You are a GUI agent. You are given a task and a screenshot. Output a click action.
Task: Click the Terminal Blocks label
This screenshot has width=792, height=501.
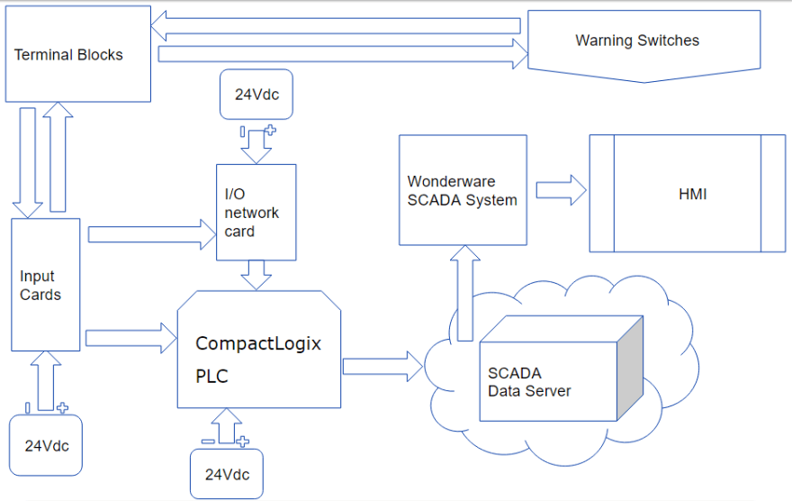pyautogui.click(x=68, y=55)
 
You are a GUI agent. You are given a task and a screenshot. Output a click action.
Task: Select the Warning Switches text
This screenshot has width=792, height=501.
pyautogui.click(x=637, y=41)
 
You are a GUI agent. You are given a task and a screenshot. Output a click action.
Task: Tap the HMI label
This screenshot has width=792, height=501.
pyautogui.click(x=692, y=194)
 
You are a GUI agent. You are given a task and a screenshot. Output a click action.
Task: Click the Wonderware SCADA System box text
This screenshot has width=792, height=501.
pyautogui.click(x=462, y=191)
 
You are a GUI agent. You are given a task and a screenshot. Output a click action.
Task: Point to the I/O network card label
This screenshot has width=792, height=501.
pyautogui.click(x=252, y=214)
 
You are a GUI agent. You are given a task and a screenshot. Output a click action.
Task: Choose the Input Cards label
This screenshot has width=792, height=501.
pyautogui.click(x=40, y=286)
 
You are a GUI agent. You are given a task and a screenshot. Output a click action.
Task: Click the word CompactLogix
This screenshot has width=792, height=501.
pyautogui.click(x=258, y=343)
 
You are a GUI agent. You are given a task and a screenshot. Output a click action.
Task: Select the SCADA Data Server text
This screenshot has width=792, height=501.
pyautogui.click(x=529, y=382)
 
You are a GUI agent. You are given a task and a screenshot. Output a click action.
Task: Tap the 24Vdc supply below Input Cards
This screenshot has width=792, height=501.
pyautogui.click(x=47, y=445)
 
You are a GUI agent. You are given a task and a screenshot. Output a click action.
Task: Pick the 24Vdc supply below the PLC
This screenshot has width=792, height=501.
pyautogui.click(x=227, y=474)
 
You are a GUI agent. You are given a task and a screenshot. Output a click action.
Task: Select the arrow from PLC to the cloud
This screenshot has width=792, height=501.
pyautogui.click(x=382, y=366)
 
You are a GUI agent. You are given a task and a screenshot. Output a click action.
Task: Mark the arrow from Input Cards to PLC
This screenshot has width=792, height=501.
pyautogui.click(x=130, y=339)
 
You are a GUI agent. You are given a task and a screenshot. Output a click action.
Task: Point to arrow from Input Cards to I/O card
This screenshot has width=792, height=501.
pyautogui.click(x=147, y=236)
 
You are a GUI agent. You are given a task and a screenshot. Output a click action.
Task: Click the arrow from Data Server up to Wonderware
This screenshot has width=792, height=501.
pyautogui.click(x=464, y=293)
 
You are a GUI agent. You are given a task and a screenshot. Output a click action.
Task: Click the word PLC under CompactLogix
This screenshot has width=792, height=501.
pyautogui.click(x=212, y=377)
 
